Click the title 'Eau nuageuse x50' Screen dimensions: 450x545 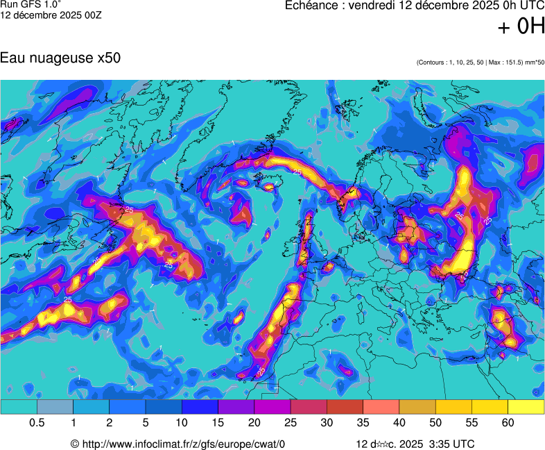coord(60,58)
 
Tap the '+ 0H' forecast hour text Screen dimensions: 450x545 coord(521,27)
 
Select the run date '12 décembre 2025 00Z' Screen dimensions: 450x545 coord(51,15)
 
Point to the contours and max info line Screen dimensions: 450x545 coord(481,63)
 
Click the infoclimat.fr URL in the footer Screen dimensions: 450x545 coord(183,444)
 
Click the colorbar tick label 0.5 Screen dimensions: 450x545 coord(37,423)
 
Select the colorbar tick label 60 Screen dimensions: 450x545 coord(508,423)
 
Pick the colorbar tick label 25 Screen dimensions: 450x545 coord(291,423)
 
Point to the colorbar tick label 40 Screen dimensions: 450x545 coord(399,423)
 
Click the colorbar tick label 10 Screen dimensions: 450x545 coord(182,423)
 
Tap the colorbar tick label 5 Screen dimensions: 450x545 coord(146,423)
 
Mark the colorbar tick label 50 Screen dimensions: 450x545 coord(435,423)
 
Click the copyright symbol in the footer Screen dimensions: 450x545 coord(75,444)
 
